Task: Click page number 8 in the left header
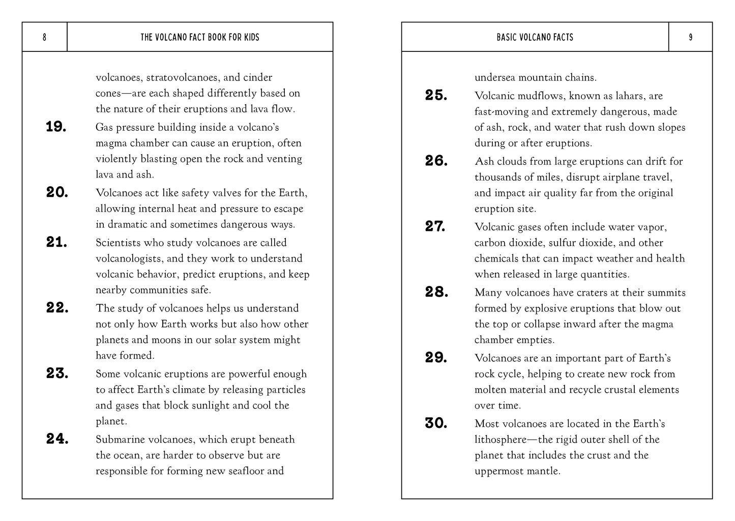pyautogui.click(x=44, y=37)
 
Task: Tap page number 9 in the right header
pyautogui.click(x=690, y=37)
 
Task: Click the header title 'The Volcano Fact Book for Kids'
pyautogui.click(x=200, y=37)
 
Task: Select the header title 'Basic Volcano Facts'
pyautogui.click(x=535, y=37)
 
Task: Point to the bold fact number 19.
pyautogui.click(x=56, y=127)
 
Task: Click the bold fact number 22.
pyautogui.click(x=57, y=308)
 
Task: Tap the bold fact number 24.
pyautogui.click(x=57, y=439)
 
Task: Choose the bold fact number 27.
pyautogui.click(x=435, y=226)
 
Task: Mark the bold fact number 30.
pyautogui.click(x=436, y=423)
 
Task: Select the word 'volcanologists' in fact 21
pyautogui.click(x=130, y=258)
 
